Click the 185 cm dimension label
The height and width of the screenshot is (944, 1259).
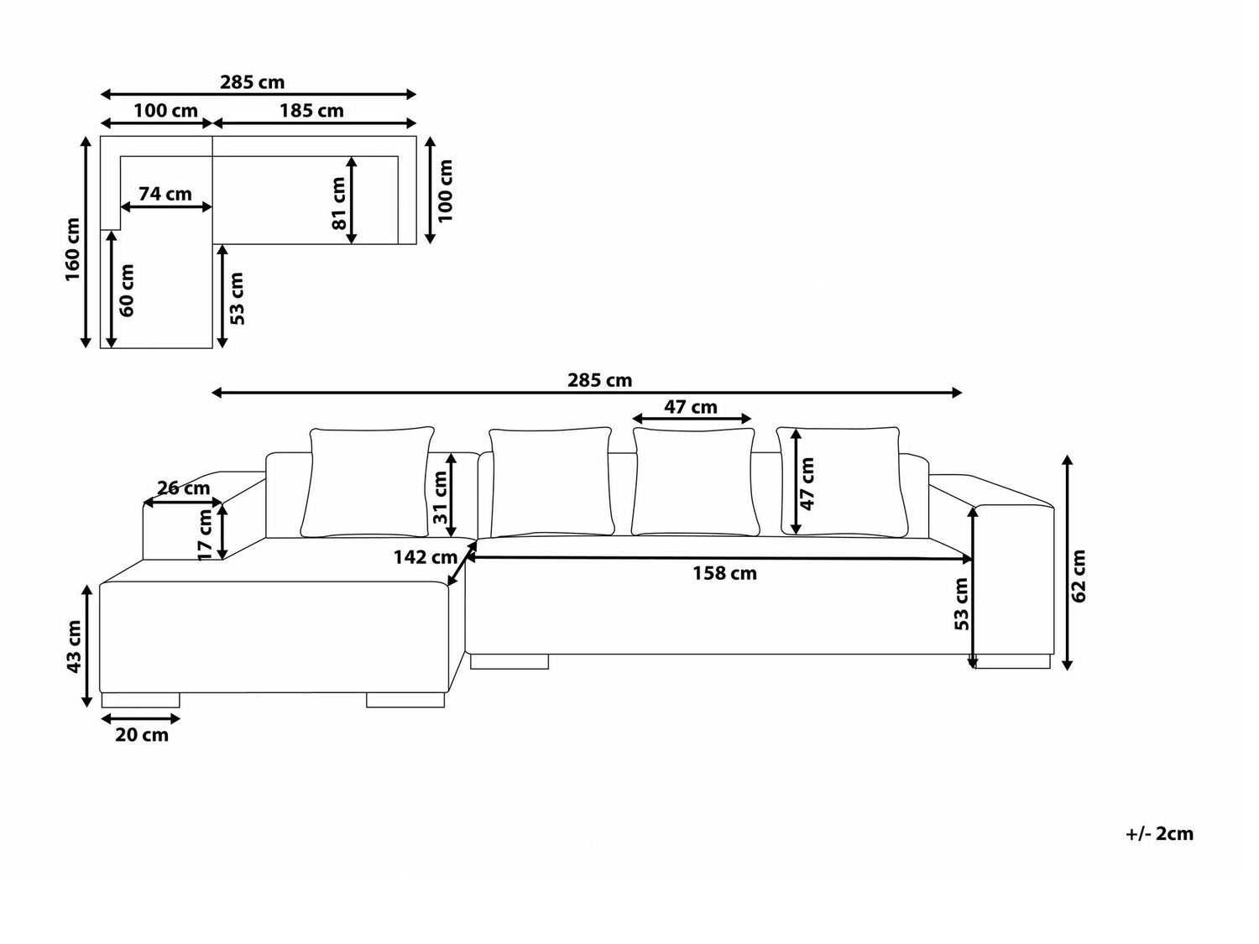(x=311, y=111)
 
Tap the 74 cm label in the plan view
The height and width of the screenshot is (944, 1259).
(x=165, y=194)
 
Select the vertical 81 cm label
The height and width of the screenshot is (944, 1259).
(x=340, y=203)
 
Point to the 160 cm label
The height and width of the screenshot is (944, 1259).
(x=73, y=249)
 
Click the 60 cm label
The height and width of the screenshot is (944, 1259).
(x=127, y=290)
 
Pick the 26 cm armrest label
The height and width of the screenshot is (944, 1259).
(x=184, y=488)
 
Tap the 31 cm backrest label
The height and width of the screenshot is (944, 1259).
(x=441, y=497)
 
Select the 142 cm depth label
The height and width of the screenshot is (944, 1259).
(x=425, y=556)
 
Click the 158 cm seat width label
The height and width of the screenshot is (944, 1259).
(x=724, y=573)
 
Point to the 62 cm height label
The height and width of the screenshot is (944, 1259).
(x=1079, y=576)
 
